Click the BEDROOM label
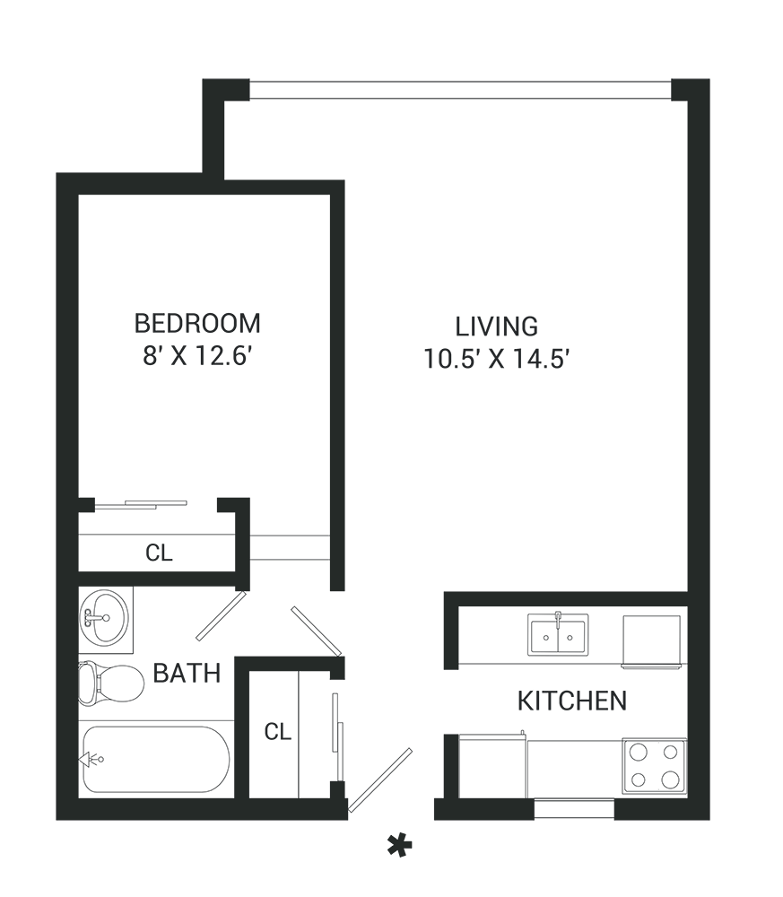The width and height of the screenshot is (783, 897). point(197,323)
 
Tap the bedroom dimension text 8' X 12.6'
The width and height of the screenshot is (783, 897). point(197,356)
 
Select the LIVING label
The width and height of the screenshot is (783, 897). point(497,327)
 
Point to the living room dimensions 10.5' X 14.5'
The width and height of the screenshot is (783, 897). point(497,360)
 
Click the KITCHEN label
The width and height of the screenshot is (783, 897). point(572,701)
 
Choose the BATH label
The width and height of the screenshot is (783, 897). point(187,674)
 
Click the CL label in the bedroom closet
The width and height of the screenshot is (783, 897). point(159,553)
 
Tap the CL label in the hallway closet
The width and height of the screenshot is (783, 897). point(278,731)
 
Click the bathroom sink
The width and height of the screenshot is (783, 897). point(104,619)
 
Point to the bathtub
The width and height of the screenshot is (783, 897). point(156,759)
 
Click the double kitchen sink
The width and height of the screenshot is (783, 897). point(558,634)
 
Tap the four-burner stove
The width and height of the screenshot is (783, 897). point(655,765)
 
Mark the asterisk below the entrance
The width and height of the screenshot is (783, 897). point(400,846)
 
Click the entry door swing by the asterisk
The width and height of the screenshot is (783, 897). point(380,779)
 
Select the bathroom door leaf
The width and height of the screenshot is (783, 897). point(222,615)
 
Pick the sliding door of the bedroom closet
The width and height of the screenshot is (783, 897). point(141,504)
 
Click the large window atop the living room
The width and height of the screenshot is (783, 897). point(460,90)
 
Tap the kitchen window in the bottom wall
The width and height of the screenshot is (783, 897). point(574,809)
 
